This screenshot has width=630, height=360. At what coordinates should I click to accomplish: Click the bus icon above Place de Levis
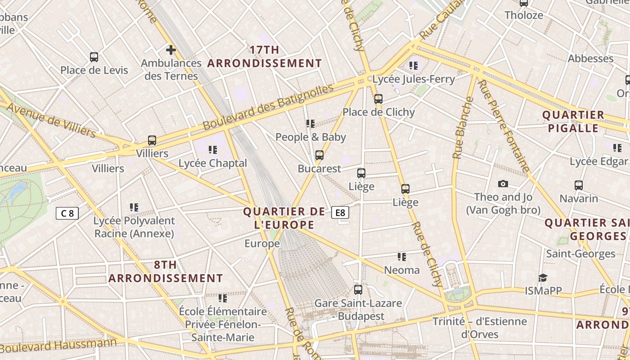click(94, 57)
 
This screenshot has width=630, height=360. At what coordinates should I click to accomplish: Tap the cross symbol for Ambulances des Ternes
click(171, 49)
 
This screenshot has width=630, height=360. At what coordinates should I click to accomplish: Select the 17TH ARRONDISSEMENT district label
click(265, 57)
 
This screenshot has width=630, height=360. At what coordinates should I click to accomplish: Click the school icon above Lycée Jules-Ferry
click(414, 66)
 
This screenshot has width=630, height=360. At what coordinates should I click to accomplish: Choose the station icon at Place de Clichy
click(378, 99)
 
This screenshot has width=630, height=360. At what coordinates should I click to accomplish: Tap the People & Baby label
click(310, 137)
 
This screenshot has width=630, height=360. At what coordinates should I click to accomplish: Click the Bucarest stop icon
click(319, 155)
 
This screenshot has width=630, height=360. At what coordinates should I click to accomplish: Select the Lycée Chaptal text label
click(213, 163)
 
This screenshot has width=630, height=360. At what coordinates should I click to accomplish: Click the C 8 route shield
click(67, 213)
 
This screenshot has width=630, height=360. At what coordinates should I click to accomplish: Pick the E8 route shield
click(340, 212)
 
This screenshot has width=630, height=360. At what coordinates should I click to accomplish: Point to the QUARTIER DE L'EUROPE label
click(284, 218)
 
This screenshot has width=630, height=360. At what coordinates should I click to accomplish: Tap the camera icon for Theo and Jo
click(503, 184)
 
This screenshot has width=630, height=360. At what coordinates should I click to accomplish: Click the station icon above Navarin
click(578, 185)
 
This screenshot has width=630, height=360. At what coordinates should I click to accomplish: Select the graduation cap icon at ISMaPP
click(543, 278)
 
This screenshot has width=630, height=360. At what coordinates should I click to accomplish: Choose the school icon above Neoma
click(401, 257)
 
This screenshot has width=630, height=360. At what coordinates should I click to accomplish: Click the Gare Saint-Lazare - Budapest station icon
click(358, 290)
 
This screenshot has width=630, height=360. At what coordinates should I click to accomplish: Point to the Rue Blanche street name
click(463, 128)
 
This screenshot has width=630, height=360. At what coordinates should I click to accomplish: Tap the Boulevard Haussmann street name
click(58, 345)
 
